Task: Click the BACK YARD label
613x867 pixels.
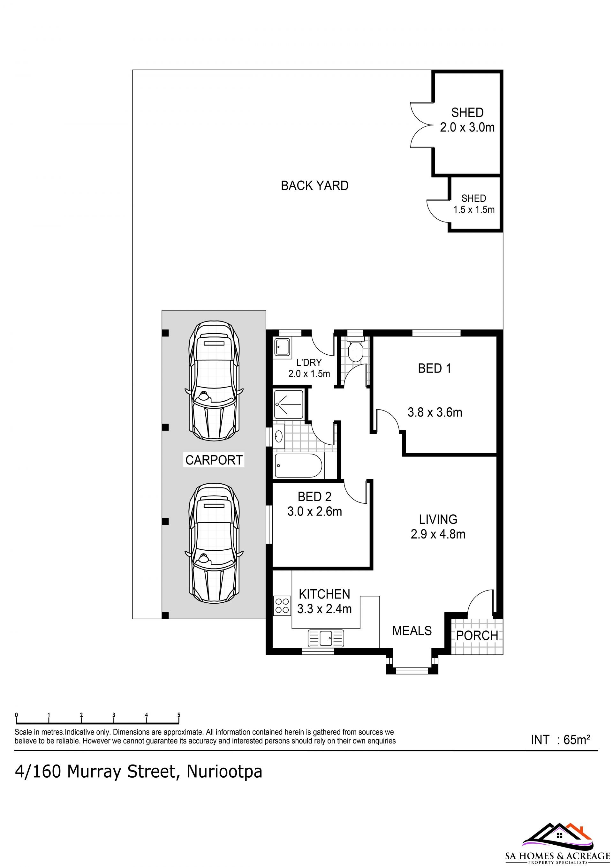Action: [314, 186]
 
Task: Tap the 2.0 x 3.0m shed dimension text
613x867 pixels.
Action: [467, 127]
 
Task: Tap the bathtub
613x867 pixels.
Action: [299, 466]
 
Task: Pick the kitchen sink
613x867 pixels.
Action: [326, 638]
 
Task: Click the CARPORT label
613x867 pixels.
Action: [214, 460]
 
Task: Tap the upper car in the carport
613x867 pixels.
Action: [214, 381]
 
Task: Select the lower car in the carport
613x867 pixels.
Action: [214, 543]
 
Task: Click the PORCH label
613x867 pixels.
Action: [477, 636]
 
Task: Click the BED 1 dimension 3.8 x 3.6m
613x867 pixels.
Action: [435, 412]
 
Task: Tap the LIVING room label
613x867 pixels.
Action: [438, 519]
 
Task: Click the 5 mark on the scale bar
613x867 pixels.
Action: [179, 715]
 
